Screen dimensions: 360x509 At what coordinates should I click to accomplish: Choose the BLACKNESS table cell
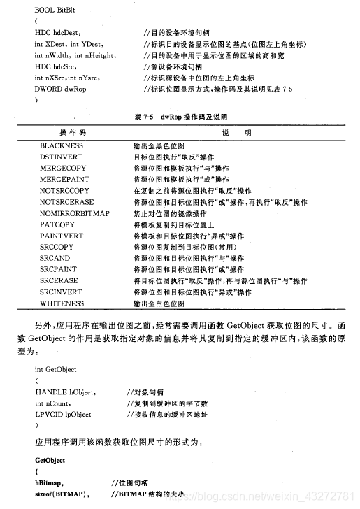point(62,145)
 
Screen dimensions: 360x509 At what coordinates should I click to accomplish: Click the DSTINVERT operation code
point(62,157)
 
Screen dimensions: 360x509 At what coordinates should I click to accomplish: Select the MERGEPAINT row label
point(66,180)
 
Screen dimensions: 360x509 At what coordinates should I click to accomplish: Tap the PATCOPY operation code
point(57,224)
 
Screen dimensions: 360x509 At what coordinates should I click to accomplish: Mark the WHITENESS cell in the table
point(62,303)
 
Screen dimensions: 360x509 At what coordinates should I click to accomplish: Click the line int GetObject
point(55,369)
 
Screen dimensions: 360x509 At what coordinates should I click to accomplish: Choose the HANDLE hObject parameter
point(66,392)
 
